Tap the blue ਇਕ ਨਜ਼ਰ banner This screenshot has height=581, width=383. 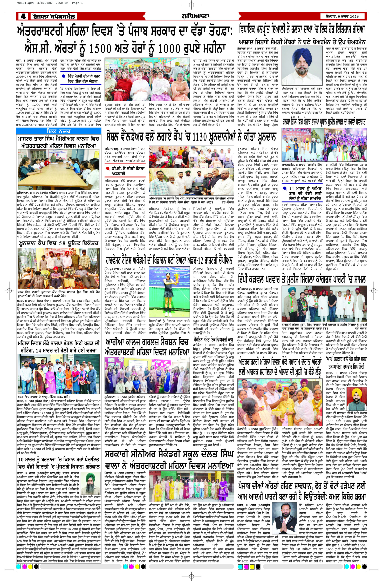click(x=58, y=131)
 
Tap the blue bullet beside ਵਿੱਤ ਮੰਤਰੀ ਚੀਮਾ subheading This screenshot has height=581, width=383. click(x=63, y=76)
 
